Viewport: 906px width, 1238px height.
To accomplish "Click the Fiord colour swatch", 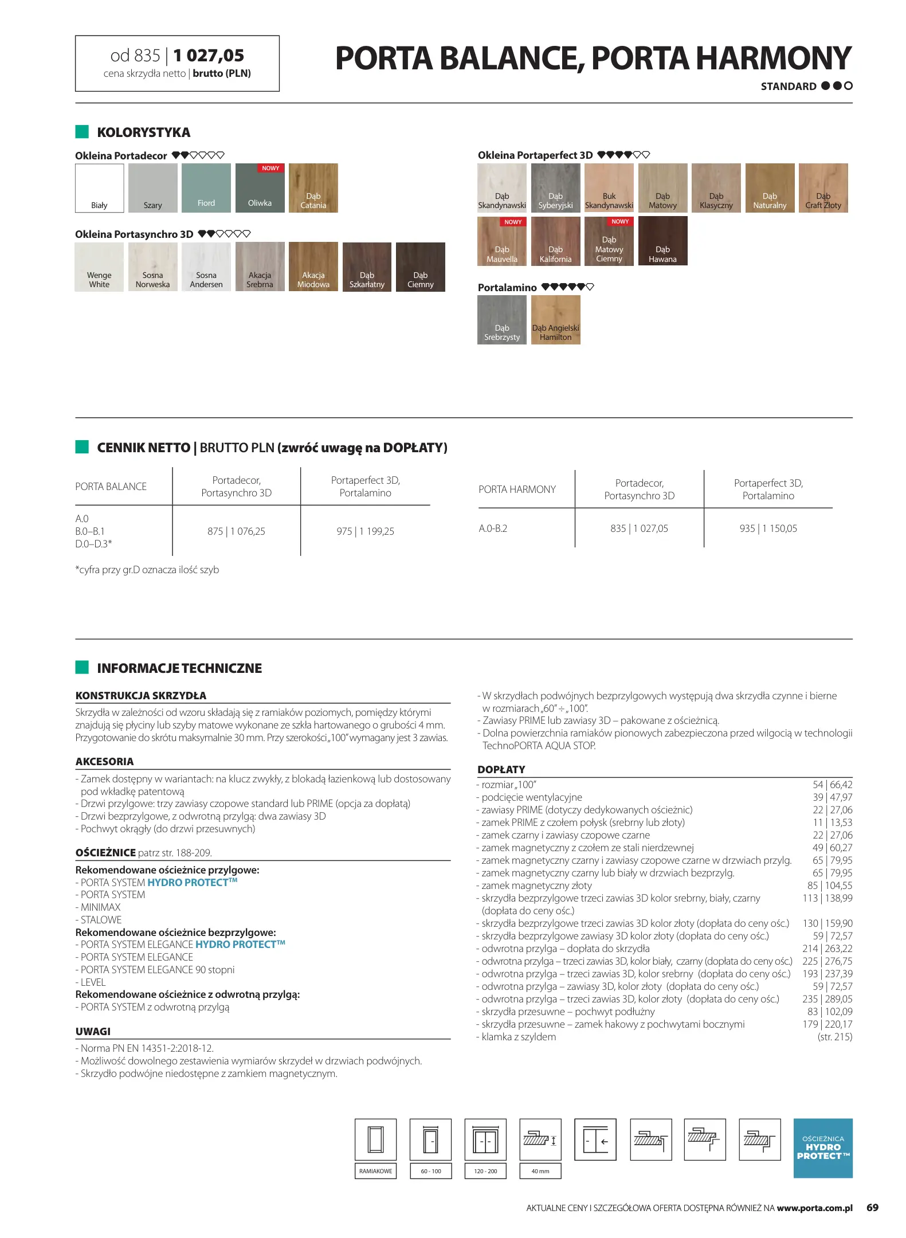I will click(206, 188).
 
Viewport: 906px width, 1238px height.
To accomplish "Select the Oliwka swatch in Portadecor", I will click(260, 188).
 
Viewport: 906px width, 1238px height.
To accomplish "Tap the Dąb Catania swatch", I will click(313, 188).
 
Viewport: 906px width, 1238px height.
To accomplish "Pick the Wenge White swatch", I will click(99, 267).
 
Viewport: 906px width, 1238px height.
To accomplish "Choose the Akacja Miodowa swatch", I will click(313, 267).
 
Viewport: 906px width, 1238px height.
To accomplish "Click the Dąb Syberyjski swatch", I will click(555, 188).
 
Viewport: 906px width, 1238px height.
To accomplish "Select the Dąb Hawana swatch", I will click(662, 241).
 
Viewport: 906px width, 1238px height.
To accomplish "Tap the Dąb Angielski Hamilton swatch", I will click(555, 320).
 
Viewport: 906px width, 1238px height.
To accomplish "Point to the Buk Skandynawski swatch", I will click(609, 188).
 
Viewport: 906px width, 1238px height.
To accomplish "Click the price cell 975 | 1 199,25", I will click(365, 531).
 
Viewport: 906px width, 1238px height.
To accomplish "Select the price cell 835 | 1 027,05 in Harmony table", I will click(639, 528).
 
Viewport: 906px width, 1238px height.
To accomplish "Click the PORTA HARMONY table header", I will click(517, 489).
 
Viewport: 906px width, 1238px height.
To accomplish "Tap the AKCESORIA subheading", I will click(104, 762).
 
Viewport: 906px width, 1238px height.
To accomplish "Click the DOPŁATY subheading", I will click(501, 770).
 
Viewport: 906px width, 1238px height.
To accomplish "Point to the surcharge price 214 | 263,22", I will click(827, 949).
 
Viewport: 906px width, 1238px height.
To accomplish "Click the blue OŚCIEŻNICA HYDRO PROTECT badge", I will click(822, 1148).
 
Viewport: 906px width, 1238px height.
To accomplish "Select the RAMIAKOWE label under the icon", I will click(375, 1171).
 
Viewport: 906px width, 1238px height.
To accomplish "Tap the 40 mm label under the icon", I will click(540, 1171).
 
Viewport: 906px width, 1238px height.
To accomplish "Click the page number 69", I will click(872, 1208).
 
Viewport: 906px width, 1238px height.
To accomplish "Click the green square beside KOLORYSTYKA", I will click(82, 132).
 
